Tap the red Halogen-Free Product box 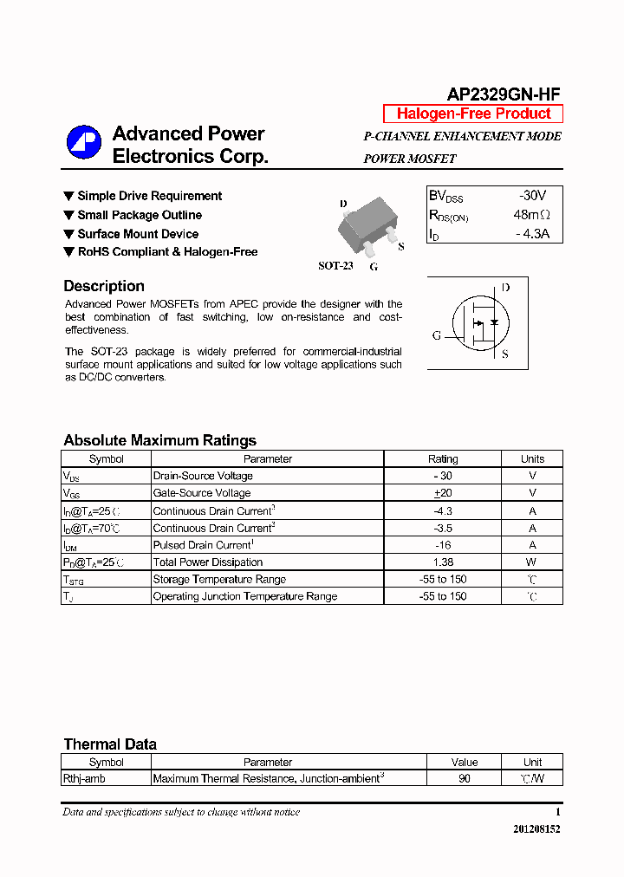(x=473, y=114)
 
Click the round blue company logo (x=84, y=144)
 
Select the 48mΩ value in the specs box (x=531, y=215)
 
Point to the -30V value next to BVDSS (x=532, y=196)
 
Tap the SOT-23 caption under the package (x=335, y=266)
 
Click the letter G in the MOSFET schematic (x=437, y=335)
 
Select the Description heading (x=104, y=286)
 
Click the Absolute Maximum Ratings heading (x=159, y=440)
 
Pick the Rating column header (x=443, y=459)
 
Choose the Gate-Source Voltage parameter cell (x=202, y=493)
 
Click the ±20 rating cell (x=443, y=493)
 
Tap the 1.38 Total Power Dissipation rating (x=443, y=562)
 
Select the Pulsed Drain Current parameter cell (x=202, y=545)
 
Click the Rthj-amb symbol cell (x=83, y=779)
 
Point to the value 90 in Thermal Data (x=465, y=779)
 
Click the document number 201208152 (x=536, y=829)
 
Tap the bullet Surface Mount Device (x=138, y=234)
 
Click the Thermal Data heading (x=110, y=744)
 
